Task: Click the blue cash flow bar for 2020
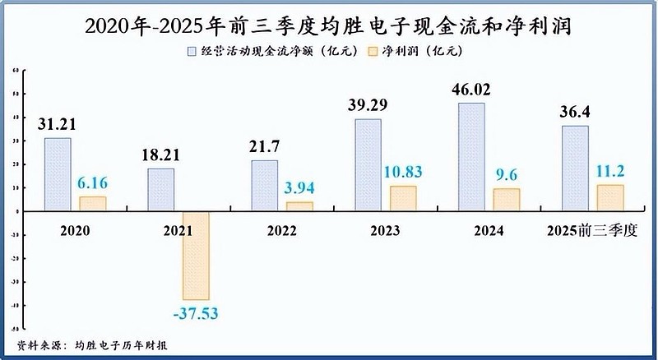pos(58,174)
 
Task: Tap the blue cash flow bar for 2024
pos(471,156)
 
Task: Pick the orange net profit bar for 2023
pos(403,198)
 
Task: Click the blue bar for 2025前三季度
pos(575,168)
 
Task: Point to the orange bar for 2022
pos(300,206)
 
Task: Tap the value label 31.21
pos(58,124)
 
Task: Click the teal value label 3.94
pos(300,188)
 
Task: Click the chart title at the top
pos(329,25)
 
